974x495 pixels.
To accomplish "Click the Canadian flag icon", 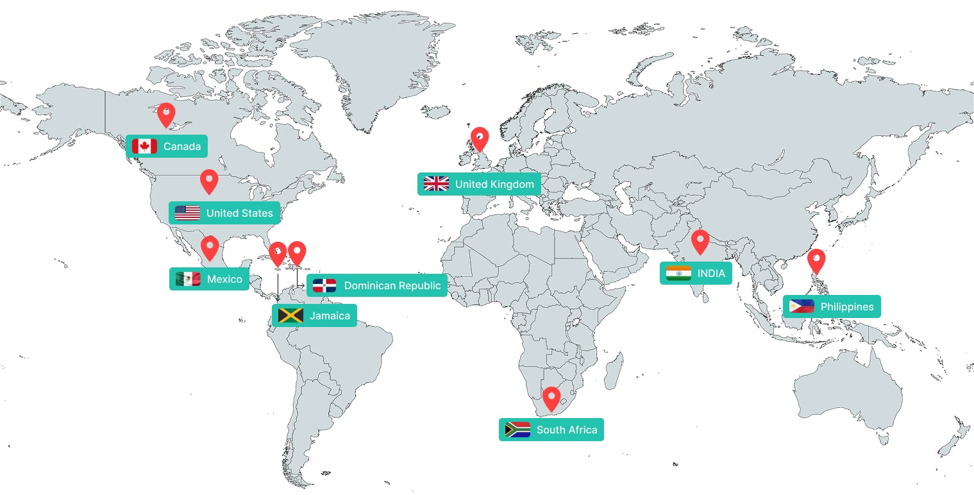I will (144, 146).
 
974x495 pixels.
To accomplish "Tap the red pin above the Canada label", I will (166, 114).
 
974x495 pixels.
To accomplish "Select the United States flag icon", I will (187, 213).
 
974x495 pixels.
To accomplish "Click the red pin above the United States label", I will (209, 180).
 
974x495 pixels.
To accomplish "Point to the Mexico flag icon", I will (188, 279).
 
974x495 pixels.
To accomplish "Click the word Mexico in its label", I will (224, 279).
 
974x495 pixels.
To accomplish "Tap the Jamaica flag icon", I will (290, 315).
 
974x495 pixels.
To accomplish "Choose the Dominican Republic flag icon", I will (324, 285).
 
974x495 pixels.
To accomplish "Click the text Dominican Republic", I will (392, 285).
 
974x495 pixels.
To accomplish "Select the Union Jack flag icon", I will (436, 184).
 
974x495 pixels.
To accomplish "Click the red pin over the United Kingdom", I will (479, 138).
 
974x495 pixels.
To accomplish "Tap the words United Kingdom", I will (494, 184).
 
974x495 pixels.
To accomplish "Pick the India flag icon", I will (678, 273).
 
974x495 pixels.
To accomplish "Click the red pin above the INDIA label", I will (700, 240).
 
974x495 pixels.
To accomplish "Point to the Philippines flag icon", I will (802, 306).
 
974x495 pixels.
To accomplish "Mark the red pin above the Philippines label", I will (816, 260).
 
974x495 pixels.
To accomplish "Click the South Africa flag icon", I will (517, 430).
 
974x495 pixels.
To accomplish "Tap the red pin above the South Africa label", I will (551, 398).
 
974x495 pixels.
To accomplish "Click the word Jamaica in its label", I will (330, 315).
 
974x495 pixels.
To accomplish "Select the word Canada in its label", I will (182, 146).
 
